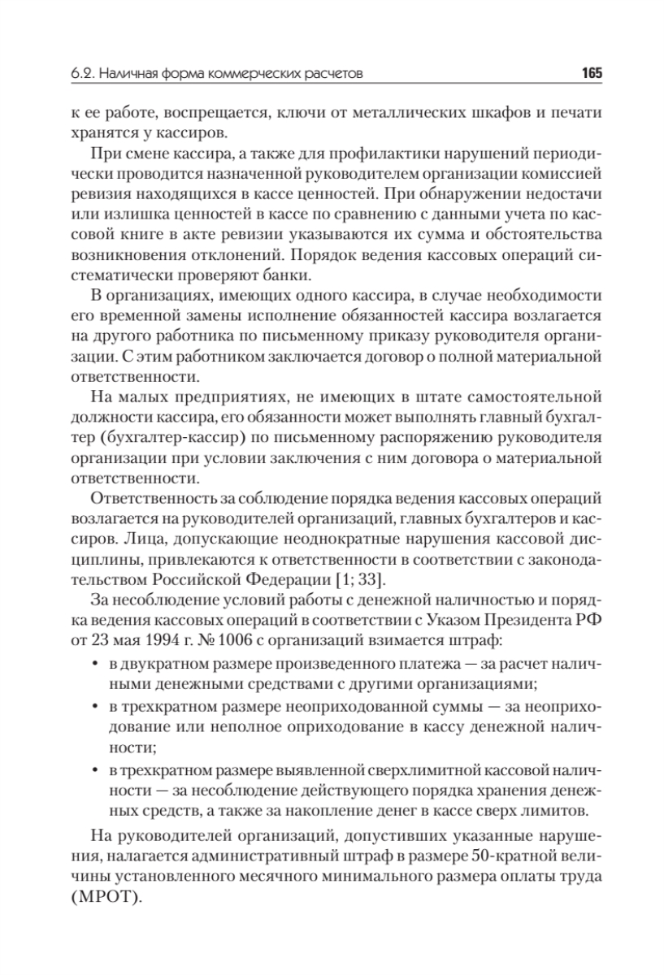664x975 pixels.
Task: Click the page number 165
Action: point(591,74)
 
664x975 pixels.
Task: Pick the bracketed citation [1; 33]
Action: point(374,578)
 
